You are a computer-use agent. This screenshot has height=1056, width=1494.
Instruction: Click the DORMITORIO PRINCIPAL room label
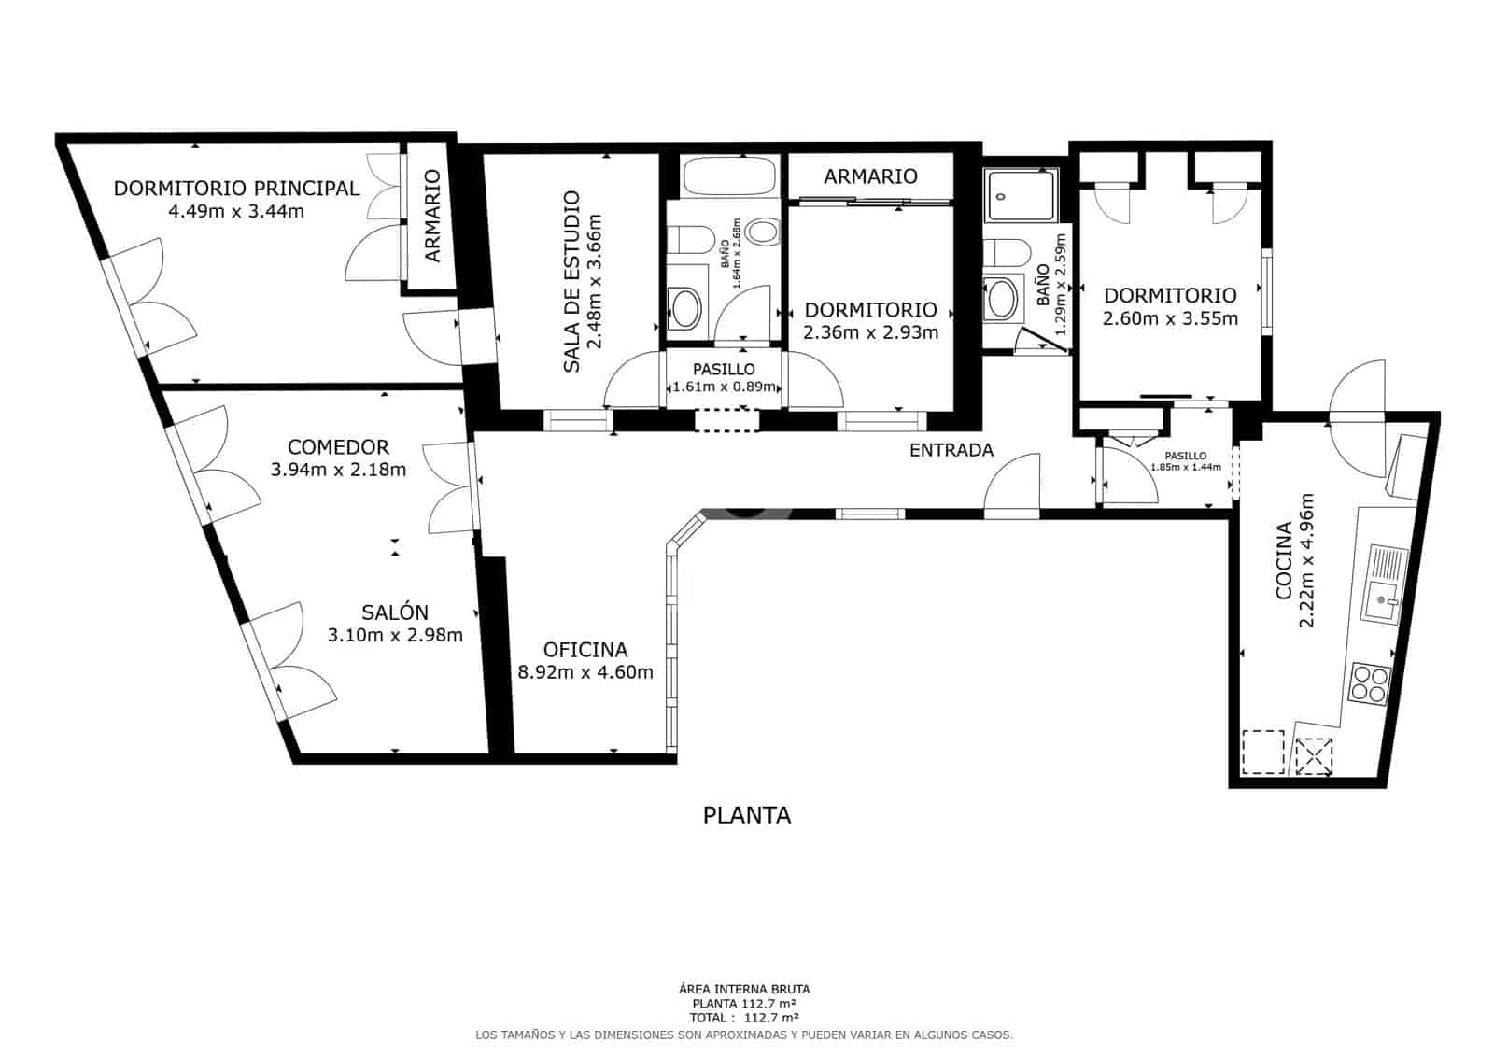point(236,188)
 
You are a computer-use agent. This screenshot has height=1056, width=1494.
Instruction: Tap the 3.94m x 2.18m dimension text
point(338,470)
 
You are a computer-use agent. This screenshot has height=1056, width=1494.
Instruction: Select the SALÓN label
point(395,612)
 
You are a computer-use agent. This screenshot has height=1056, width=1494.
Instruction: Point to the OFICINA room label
point(585,650)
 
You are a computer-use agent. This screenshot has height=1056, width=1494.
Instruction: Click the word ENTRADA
point(951,450)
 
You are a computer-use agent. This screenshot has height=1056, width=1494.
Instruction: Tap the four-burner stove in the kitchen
point(1370,683)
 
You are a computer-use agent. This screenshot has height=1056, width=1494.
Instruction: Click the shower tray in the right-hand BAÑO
point(1021,197)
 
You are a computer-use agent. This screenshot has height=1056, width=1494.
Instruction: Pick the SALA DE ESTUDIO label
point(571,282)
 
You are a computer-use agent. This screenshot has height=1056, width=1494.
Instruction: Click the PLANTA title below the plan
point(746,816)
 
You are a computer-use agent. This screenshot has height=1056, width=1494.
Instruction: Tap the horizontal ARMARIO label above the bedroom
point(870,176)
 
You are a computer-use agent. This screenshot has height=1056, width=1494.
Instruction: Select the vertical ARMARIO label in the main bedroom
point(432,216)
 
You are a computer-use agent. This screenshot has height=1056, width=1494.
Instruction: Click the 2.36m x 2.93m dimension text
point(870,332)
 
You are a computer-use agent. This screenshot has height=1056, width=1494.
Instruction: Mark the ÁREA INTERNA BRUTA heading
point(744,989)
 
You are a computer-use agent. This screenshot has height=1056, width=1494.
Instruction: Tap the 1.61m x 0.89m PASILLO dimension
point(724,387)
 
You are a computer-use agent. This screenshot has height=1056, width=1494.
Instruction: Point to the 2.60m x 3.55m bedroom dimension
point(1170,318)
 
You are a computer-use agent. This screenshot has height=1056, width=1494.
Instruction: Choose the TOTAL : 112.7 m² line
point(744,1018)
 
